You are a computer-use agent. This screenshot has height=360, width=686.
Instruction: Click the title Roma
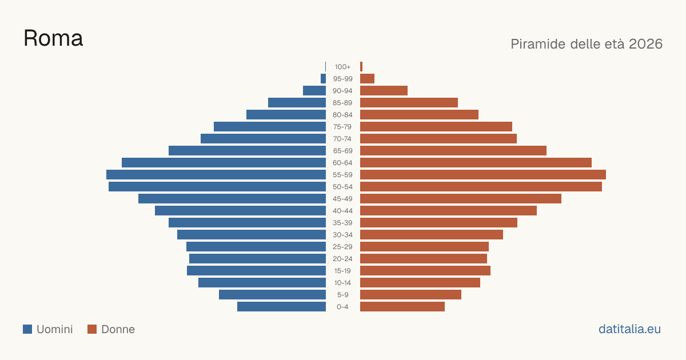(53, 38)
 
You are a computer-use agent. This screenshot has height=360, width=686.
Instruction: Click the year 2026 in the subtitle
(645, 44)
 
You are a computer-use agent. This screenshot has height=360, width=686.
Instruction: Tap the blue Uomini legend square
(27, 329)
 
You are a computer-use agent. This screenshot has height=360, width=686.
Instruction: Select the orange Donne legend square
(92, 329)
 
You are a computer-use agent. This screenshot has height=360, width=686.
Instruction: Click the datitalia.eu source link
(629, 329)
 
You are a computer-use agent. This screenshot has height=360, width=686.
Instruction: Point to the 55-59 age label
(342, 175)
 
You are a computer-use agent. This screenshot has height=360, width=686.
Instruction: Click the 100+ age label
(342, 67)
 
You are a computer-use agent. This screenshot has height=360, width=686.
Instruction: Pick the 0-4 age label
(342, 307)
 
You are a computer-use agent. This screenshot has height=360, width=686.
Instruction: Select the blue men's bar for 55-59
(216, 175)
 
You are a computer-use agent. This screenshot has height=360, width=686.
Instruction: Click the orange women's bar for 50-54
(481, 187)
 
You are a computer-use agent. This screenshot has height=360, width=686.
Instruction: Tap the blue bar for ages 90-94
(314, 91)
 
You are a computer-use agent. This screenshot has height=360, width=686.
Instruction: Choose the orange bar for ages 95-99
(367, 79)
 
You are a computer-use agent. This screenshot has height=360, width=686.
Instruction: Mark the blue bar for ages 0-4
(281, 307)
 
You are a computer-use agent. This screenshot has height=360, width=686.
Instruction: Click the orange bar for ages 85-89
(409, 102)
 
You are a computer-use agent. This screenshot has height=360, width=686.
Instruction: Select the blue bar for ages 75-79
(270, 127)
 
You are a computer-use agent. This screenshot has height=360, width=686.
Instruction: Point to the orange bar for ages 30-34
(432, 235)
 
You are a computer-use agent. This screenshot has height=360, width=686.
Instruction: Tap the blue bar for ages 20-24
(258, 259)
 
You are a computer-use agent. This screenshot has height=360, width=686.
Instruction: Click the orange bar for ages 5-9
(410, 295)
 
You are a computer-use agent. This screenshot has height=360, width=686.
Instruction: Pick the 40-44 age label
(342, 211)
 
